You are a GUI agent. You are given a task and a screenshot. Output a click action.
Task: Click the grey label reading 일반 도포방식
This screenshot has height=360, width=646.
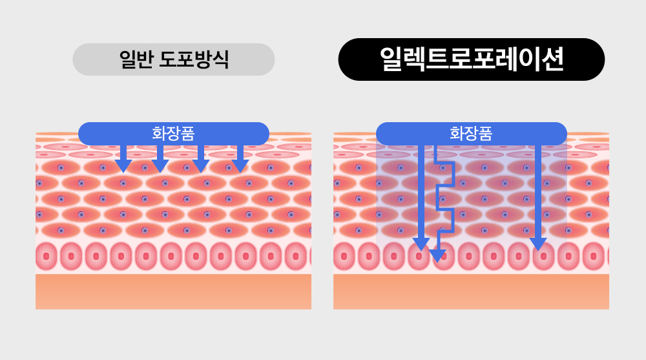click(173, 59)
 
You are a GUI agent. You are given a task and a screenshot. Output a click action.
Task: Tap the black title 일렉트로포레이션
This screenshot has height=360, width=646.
click(472, 59)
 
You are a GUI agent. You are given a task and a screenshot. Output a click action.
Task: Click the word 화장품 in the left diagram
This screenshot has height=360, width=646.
click(173, 133)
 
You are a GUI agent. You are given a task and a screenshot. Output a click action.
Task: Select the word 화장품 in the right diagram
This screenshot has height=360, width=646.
click(471, 133)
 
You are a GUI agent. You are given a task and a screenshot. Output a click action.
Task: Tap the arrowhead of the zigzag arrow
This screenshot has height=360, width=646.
click(438, 255)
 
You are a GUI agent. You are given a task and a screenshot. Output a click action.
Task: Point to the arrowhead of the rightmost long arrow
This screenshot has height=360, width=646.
click(538, 244)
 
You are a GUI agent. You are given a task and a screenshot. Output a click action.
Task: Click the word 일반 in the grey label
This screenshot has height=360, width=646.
click(134, 59)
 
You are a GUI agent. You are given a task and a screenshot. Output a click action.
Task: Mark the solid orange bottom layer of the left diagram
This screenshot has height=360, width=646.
click(173, 291)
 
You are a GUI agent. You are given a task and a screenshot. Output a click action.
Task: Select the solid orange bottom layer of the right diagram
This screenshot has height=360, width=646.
click(471, 291)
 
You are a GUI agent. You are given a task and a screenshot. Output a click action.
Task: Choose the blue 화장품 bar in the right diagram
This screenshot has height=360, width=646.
click(401, 133)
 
